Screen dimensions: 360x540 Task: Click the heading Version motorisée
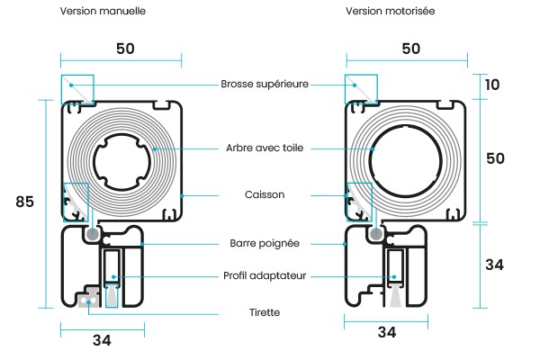pyautogui.click(x=391, y=12)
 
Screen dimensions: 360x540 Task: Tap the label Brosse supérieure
pyautogui.click(x=265, y=85)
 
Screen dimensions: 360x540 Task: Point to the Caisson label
pyautogui.click(x=265, y=194)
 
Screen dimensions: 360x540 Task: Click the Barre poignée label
pyautogui.click(x=265, y=243)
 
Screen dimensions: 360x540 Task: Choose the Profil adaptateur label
pyautogui.click(x=265, y=276)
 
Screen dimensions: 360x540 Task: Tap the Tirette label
pyautogui.click(x=265, y=312)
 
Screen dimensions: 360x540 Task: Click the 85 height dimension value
pyautogui.click(x=25, y=202)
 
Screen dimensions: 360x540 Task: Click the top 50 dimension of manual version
pyautogui.click(x=125, y=49)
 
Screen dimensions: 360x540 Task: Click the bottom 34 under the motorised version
pyautogui.click(x=387, y=333)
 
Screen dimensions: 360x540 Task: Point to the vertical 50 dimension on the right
pyautogui.click(x=495, y=158)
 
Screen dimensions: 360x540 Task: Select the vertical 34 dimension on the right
pyautogui.click(x=495, y=265)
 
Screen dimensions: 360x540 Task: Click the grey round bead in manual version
pyautogui.click(x=93, y=234)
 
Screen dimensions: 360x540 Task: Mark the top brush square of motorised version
pyautogui.click(x=359, y=89)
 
